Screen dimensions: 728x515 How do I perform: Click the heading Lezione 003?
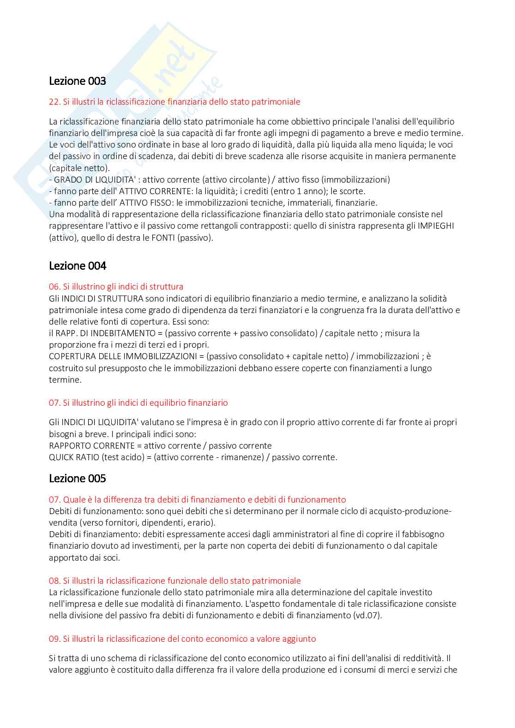point(78,81)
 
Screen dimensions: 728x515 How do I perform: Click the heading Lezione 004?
point(78,266)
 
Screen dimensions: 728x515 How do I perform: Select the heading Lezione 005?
point(78,479)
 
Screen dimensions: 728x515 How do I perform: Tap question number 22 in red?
point(54,102)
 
